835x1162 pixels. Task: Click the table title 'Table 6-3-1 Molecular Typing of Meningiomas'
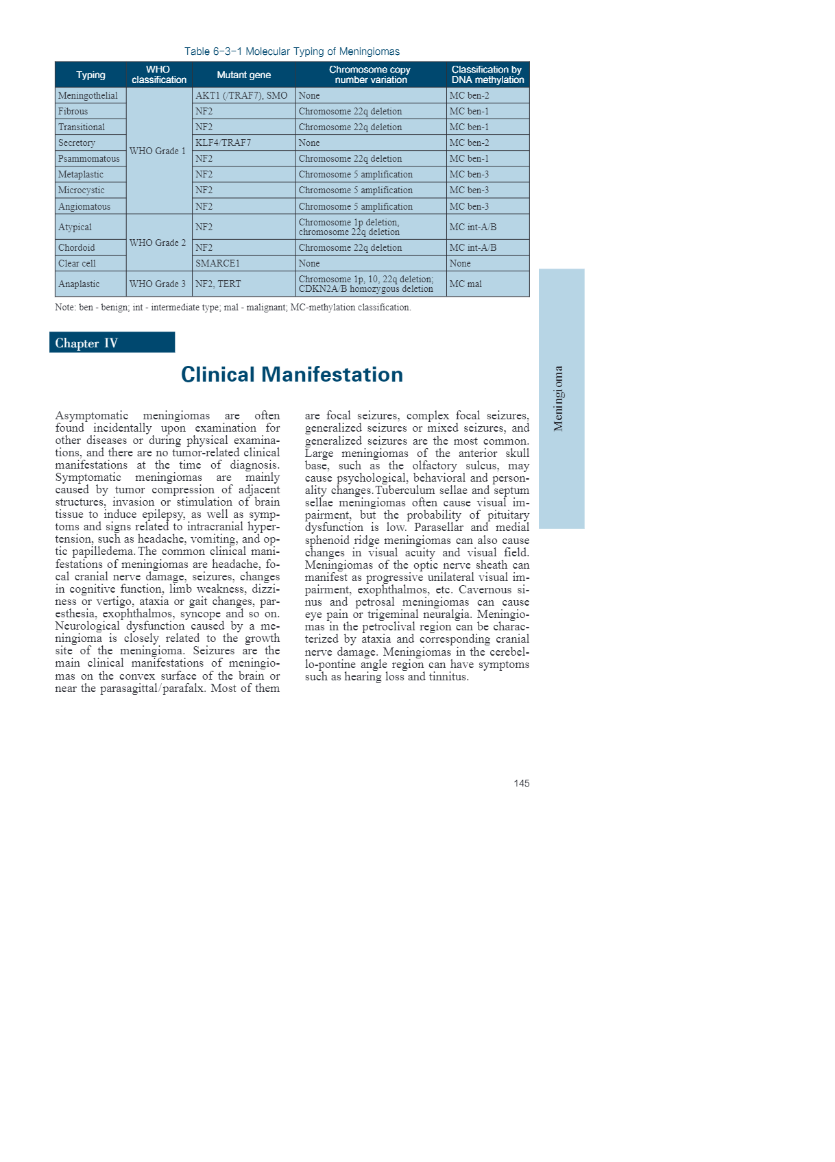291,51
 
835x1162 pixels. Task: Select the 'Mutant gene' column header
243,75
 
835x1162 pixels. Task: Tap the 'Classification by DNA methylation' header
487,75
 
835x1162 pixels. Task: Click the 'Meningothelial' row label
88,96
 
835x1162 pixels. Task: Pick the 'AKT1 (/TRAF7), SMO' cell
241,96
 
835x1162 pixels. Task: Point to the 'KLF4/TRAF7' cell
223,143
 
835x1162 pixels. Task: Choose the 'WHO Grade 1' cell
158,151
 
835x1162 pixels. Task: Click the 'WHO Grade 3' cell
158,284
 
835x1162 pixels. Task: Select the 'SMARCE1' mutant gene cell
217,264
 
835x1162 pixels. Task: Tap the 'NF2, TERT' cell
218,284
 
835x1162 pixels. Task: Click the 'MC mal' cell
465,284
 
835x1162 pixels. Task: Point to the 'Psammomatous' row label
88,159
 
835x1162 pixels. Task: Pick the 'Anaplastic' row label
79,284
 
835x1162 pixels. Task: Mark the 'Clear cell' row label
77,264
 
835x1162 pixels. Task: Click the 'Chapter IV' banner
112,343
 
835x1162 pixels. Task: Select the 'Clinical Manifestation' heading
292,375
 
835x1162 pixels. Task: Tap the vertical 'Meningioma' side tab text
559,398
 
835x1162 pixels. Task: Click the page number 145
521,783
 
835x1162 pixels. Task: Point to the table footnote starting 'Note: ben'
233,308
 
